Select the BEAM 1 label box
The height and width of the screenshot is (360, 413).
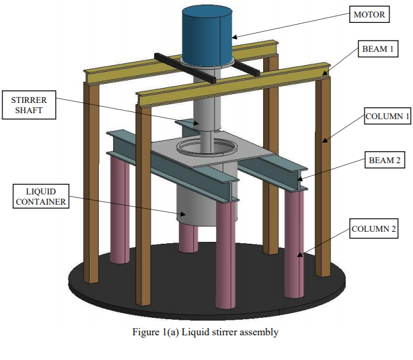point(377,50)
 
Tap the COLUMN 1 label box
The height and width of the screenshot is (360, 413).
point(387,117)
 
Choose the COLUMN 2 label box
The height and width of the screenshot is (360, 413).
point(374,230)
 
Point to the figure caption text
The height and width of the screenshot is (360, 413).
point(206,332)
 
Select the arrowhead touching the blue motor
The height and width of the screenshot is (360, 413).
point(235,37)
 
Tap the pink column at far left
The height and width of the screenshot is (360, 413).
point(119,211)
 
